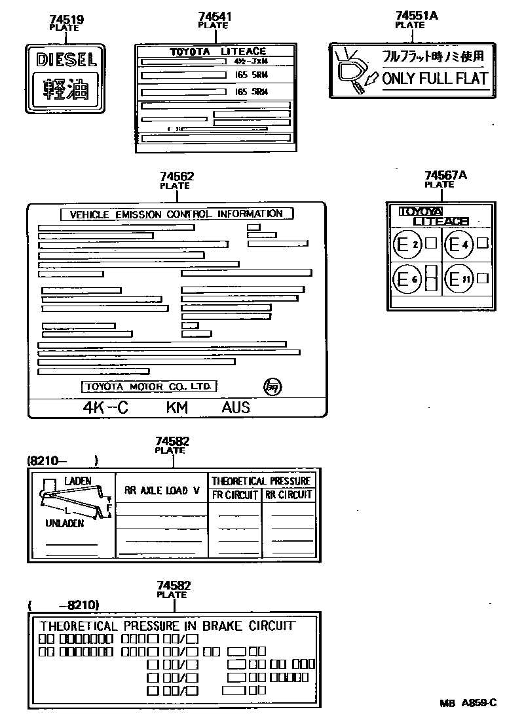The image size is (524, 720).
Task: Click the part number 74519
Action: (x=65, y=20)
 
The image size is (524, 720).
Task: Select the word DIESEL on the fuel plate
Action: (x=65, y=60)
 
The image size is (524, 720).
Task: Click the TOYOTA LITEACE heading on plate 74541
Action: (x=218, y=52)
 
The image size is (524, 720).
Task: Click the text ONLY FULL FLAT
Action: (x=435, y=79)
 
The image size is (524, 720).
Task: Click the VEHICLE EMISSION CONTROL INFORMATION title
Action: (x=177, y=214)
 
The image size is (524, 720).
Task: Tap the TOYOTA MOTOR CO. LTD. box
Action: (x=149, y=386)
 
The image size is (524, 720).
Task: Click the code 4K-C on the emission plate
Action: (x=105, y=407)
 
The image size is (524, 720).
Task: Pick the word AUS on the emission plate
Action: (x=236, y=407)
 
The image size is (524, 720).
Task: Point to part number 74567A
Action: (x=445, y=176)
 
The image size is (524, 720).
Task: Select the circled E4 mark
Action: (x=458, y=245)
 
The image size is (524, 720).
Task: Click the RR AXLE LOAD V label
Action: (x=162, y=490)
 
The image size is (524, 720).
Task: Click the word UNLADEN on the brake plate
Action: (x=65, y=524)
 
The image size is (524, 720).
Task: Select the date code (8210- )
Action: (x=62, y=460)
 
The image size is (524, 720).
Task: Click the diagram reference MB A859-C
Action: (x=468, y=703)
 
